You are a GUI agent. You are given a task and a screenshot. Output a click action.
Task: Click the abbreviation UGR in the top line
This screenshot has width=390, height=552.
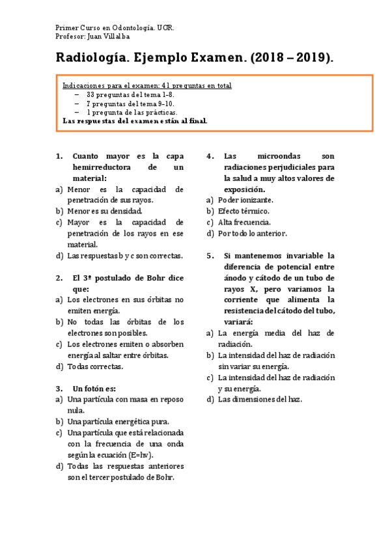click(x=166, y=29)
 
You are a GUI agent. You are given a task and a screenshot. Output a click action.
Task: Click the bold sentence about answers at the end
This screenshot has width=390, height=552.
click(x=134, y=120)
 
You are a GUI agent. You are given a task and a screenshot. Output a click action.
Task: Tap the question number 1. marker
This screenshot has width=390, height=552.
click(x=60, y=156)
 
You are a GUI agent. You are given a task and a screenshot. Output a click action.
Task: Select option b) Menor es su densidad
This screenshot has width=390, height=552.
click(x=104, y=212)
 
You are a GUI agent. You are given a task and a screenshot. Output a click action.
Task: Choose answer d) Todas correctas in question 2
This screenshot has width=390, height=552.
click(x=95, y=366)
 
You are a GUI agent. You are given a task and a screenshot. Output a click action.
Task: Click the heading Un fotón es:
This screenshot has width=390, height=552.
click(x=94, y=389)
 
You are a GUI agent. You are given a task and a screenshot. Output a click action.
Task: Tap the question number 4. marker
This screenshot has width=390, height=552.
click(x=210, y=156)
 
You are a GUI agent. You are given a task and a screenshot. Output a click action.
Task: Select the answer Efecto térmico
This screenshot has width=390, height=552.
click(x=244, y=212)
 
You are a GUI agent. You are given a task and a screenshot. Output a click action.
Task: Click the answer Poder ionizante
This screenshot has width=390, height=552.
click(x=245, y=200)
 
